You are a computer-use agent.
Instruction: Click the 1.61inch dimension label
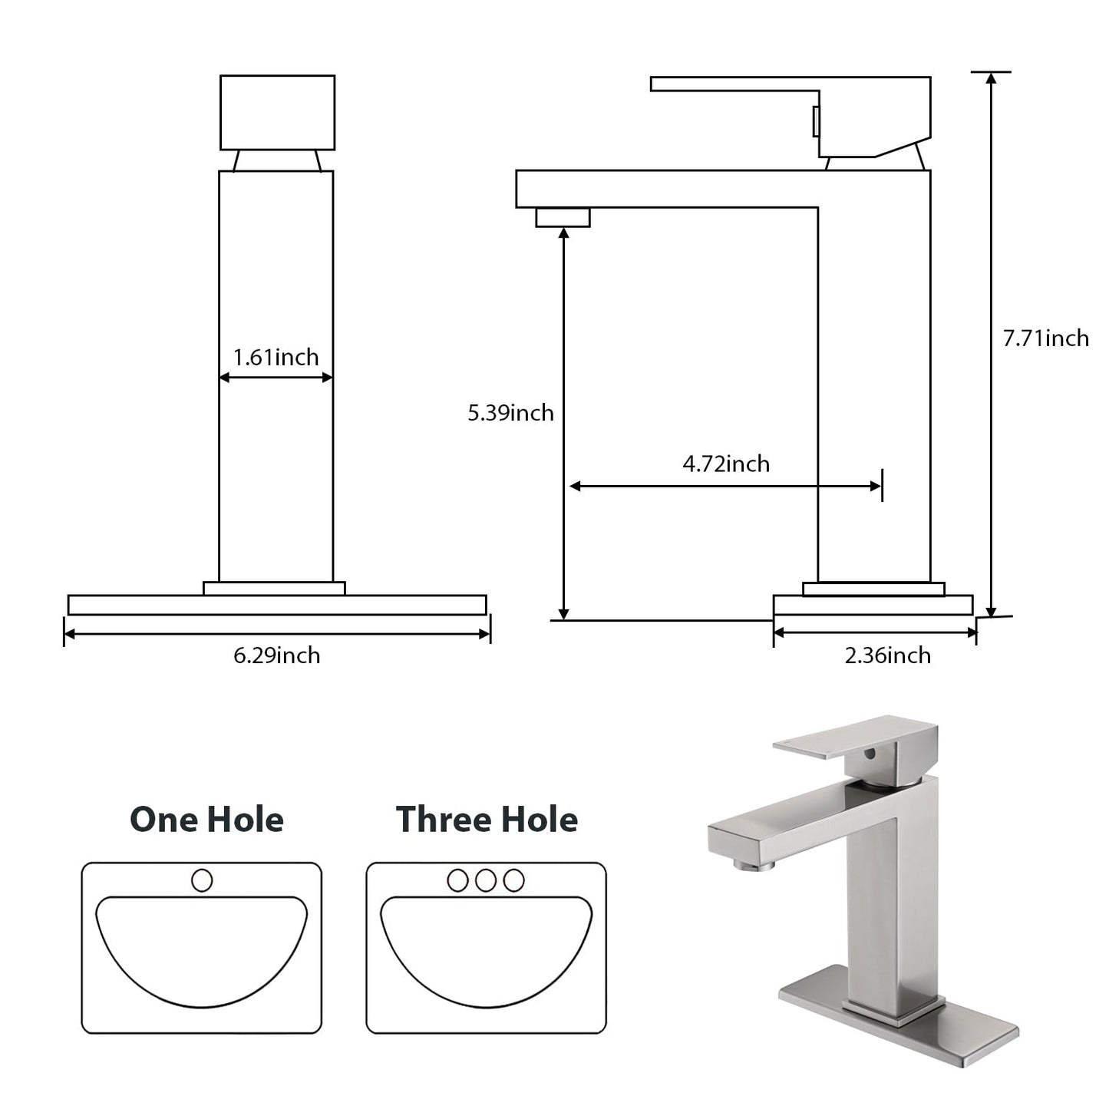click(276, 358)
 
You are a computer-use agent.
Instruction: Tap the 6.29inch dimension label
click(276, 655)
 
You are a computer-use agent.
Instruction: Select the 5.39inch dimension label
click(510, 413)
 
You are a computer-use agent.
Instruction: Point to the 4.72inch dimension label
click(725, 464)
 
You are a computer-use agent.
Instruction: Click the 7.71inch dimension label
click(1045, 338)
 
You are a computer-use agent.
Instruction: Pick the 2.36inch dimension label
click(887, 655)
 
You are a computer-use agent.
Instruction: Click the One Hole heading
click(206, 820)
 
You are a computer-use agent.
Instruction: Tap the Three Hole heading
click(487, 820)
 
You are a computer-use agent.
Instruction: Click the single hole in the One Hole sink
click(202, 880)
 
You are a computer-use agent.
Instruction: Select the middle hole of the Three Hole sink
click(485, 880)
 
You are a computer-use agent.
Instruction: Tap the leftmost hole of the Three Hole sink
click(457, 880)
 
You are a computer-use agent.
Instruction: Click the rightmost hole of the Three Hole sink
click(513, 880)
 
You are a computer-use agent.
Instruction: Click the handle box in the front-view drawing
click(277, 112)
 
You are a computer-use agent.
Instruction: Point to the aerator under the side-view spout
click(563, 217)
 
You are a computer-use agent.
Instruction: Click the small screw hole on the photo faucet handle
click(869, 754)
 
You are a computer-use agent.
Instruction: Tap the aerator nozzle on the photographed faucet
click(753, 865)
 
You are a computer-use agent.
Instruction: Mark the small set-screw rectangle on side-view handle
click(816, 121)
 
